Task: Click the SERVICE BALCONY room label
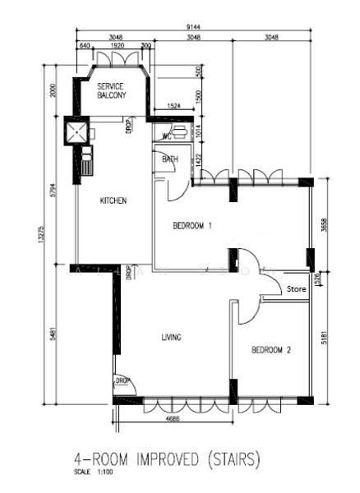[x=112, y=90]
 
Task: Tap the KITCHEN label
[x=113, y=200]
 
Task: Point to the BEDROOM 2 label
[x=271, y=350]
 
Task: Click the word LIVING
[x=171, y=337]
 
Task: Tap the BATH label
[x=170, y=159]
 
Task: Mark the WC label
[x=166, y=137]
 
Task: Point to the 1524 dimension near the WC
[x=173, y=107]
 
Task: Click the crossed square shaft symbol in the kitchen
[x=77, y=131]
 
